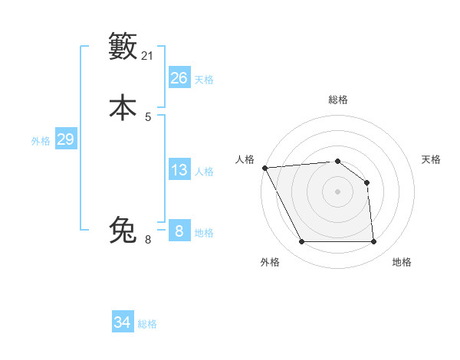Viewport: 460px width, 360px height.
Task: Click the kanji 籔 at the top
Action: tap(123, 47)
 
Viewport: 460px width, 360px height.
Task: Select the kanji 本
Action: tap(123, 107)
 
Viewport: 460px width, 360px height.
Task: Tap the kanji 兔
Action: tap(123, 230)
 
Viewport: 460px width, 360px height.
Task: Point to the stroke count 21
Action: tap(148, 56)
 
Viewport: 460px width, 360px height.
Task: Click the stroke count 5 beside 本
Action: tap(148, 117)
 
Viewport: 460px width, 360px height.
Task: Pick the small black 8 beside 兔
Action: tap(148, 240)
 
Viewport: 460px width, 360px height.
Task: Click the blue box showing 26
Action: tap(179, 78)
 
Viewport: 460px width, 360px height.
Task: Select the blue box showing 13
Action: tap(179, 170)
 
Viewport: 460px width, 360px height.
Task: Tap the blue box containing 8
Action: tap(179, 231)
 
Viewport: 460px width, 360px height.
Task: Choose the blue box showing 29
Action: tap(65, 139)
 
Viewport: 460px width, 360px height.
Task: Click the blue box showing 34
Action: tap(122, 322)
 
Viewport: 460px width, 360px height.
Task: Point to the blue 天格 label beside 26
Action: tap(204, 80)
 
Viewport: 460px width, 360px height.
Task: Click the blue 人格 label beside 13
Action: tap(204, 172)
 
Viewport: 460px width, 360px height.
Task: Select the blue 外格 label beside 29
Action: tap(41, 141)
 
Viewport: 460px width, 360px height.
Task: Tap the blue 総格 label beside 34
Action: tap(147, 324)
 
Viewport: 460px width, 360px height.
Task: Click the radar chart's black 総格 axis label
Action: tap(338, 100)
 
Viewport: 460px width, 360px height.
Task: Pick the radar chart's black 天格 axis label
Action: tap(431, 159)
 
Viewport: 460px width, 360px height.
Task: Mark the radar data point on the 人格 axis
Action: tap(264, 168)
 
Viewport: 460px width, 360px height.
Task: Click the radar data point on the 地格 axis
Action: tap(373, 242)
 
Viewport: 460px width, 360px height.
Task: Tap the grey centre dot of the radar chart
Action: tap(337, 191)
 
